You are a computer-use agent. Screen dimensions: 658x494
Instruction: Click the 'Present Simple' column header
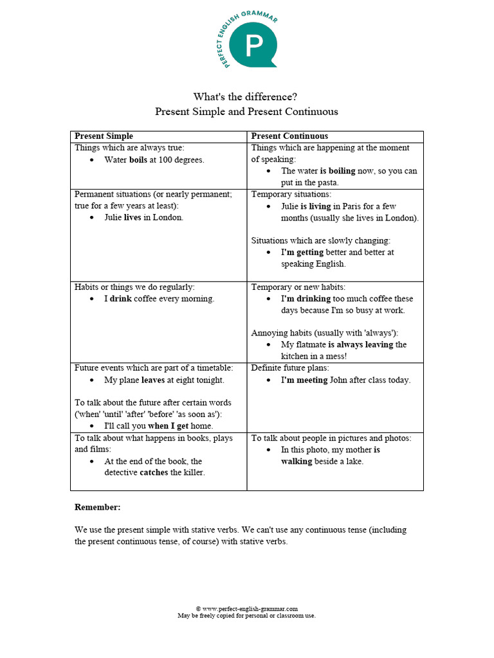coord(104,136)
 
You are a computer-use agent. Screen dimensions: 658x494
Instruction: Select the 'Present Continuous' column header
coord(289,136)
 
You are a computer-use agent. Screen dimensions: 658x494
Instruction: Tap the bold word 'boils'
coord(138,160)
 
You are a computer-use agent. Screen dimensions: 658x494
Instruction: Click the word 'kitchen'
coord(295,356)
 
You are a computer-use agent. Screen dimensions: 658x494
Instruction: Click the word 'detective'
coord(121,473)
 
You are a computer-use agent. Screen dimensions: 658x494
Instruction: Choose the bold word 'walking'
coord(297,461)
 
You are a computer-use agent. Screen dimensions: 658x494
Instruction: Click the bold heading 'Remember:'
coord(97,507)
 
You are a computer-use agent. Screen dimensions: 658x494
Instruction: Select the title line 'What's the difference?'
coord(246,97)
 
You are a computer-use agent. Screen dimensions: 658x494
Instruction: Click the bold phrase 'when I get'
coord(168,426)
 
